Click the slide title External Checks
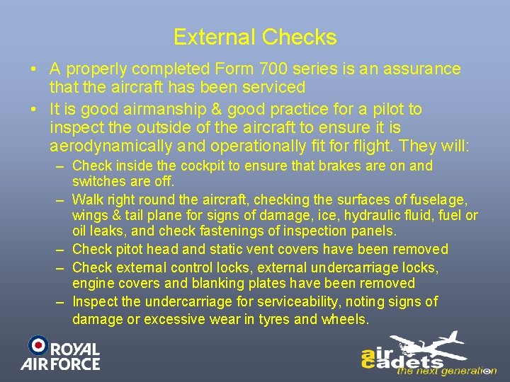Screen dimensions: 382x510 (x=255, y=37)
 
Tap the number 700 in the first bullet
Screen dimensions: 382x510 (x=292, y=69)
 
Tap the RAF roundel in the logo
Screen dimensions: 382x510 (x=38, y=346)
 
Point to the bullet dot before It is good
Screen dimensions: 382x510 (x=34, y=110)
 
